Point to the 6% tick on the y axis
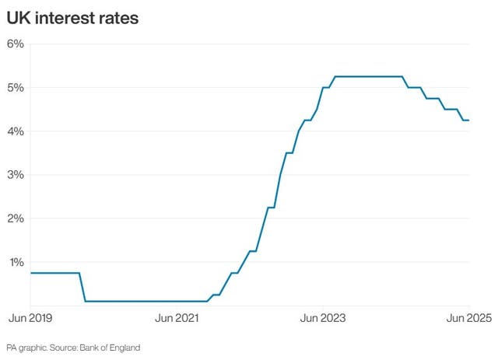pyautogui.click(x=16, y=44)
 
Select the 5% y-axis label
pyautogui.click(x=16, y=87)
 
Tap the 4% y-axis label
pyautogui.click(x=16, y=131)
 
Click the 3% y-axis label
pyautogui.click(x=16, y=174)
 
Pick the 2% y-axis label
pyautogui.click(x=16, y=218)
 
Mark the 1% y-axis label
pyautogui.click(x=16, y=261)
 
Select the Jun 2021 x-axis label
pyautogui.click(x=177, y=318)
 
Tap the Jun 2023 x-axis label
pyautogui.click(x=323, y=318)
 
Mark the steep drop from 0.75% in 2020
pyautogui.click(x=82, y=287)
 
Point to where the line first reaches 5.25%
pyautogui.click(x=335, y=76)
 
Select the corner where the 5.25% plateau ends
pyautogui.click(x=402, y=76)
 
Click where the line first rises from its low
pyautogui.click(x=207, y=300)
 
